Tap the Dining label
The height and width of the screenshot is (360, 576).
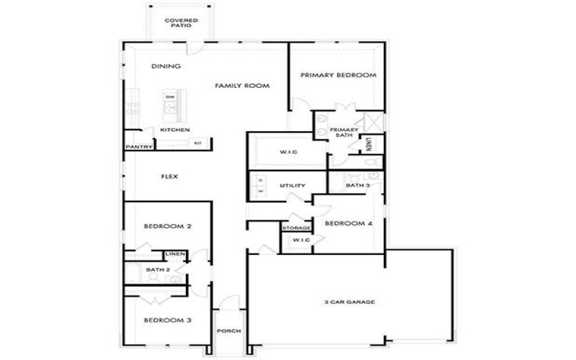(x=166, y=67)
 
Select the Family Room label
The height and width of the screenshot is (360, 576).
(x=242, y=86)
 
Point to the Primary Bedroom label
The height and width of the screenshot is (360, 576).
(x=338, y=75)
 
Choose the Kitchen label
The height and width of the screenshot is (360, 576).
(x=175, y=130)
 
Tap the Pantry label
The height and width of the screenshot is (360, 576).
(x=138, y=147)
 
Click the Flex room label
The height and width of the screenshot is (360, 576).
(x=169, y=176)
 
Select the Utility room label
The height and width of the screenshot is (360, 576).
(x=292, y=186)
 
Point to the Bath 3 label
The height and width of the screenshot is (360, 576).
(x=357, y=186)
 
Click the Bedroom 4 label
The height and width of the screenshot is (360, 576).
(x=348, y=223)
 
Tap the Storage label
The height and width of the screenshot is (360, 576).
(x=296, y=228)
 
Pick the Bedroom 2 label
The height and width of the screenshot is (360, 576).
(x=167, y=227)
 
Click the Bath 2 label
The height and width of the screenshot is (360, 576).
(x=157, y=270)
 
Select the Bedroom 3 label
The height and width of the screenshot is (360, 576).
(x=167, y=320)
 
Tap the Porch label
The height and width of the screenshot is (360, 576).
(x=229, y=331)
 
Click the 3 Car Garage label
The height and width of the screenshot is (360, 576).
(x=348, y=302)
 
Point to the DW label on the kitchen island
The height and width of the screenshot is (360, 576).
(x=170, y=97)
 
